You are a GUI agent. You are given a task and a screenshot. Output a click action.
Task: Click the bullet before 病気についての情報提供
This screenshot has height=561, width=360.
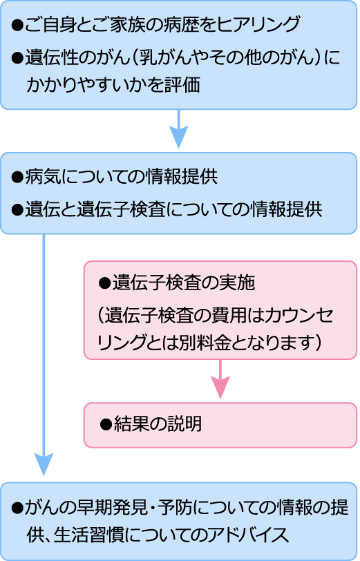[17, 177]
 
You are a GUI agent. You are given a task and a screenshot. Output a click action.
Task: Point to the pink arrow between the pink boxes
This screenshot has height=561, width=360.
[220, 379]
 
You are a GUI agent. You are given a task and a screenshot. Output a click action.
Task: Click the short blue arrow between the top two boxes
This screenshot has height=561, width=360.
[178, 129]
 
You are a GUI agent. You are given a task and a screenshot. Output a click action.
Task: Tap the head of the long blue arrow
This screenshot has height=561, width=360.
[44, 465]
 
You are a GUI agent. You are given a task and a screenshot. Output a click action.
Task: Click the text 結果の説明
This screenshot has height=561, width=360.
[158, 424]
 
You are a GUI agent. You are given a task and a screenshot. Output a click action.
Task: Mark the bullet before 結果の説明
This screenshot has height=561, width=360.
[106, 424]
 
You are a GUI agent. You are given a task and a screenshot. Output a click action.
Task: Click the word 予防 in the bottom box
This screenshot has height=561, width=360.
[176, 508]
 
